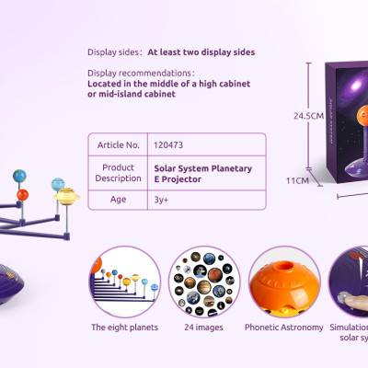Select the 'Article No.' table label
(119, 144)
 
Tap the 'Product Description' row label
(119, 173)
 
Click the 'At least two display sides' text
(201, 52)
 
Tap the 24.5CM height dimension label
(308, 116)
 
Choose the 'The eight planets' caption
(124, 327)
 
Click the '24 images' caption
(205, 327)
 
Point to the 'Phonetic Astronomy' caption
(283, 327)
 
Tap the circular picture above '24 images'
(204, 281)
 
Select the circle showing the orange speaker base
(284, 281)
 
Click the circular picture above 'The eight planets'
(125, 281)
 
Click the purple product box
(351, 120)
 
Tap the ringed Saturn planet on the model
(66, 195)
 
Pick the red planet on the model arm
(23, 194)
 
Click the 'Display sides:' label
(115, 52)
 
